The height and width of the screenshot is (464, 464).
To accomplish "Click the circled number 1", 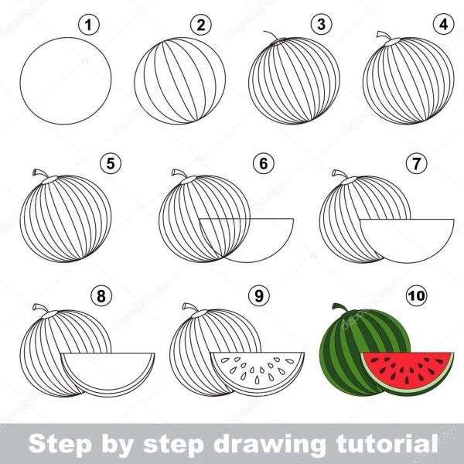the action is tap(89, 25).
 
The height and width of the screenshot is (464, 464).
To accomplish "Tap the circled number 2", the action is tap(201, 25).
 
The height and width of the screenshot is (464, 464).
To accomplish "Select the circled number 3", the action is tap(322, 24).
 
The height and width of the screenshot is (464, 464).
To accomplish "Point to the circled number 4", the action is tap(444, 24).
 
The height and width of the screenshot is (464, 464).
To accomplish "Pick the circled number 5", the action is tap(111, 163).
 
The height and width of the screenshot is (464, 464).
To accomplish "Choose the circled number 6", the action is tap(264, 163).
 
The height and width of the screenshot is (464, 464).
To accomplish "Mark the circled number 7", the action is tap(416, 163).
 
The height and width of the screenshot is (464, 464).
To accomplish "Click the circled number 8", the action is tap(101, 295).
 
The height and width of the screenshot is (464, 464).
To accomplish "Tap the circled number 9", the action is tap(259, 295).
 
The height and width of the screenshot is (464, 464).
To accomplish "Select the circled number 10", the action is tap(416, 295).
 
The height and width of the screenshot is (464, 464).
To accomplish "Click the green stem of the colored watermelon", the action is tap(340, 309).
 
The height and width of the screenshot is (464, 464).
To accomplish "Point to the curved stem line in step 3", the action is tap(271, 34).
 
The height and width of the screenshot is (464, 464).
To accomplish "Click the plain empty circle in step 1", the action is tap(66, 80).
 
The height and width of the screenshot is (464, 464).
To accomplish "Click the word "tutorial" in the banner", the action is tap(387, 443).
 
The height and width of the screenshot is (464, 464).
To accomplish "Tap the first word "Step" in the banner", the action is tap(60, 444).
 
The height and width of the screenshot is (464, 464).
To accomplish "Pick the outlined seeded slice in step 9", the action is tap(258, 374).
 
